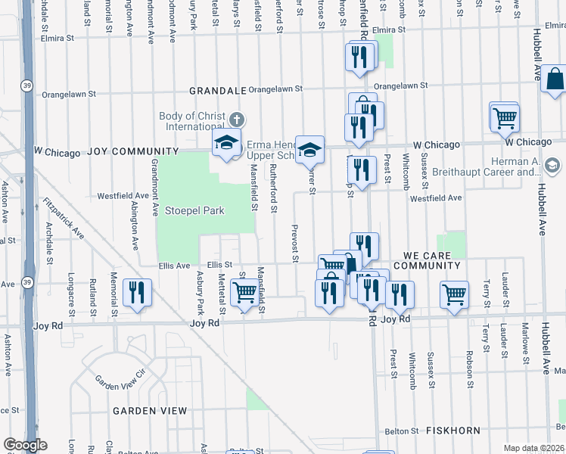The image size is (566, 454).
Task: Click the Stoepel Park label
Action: pos(195,210)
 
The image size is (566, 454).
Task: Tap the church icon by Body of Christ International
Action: pos(237,120)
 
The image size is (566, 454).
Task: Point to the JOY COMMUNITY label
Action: pos(133,151)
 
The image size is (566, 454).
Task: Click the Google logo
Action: pos(25,445)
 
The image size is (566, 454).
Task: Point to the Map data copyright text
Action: pos(534,448)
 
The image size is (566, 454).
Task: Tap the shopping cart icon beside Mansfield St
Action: pos(244,291)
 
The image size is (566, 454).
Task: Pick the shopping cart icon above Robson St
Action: pos(454,294)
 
